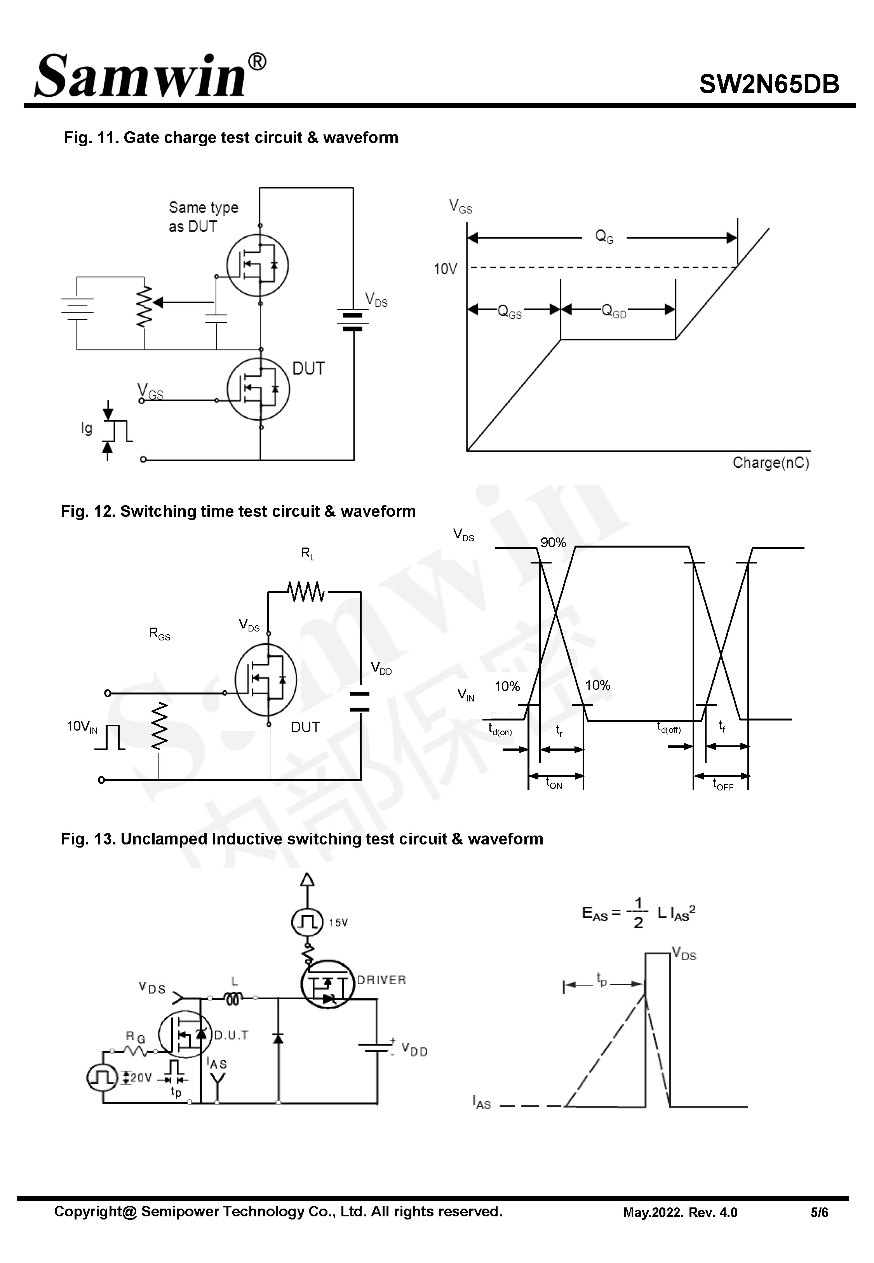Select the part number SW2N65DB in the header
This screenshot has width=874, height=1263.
[x=769, y=84]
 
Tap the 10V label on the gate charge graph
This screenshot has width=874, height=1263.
[x=445, y=269]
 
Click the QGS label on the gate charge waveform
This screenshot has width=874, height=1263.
[x=509, y=312]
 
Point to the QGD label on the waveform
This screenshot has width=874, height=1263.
[x=614, y=312]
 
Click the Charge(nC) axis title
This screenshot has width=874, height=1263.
[x=771, y=463]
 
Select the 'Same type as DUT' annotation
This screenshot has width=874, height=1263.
[x=203, y=217]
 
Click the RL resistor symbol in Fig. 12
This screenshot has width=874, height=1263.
[x=306, y=592]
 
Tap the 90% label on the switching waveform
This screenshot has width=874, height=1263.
[x=553, y=542]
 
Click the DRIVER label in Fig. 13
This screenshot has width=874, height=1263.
[x=382, y=980]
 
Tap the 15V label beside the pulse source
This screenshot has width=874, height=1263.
[x=338, y=923]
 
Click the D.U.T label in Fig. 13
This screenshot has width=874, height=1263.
[x=231, y=1035]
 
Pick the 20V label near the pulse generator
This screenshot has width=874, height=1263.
[x=141, y=1078]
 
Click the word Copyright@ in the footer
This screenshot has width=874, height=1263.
[x=95, y=1212]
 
